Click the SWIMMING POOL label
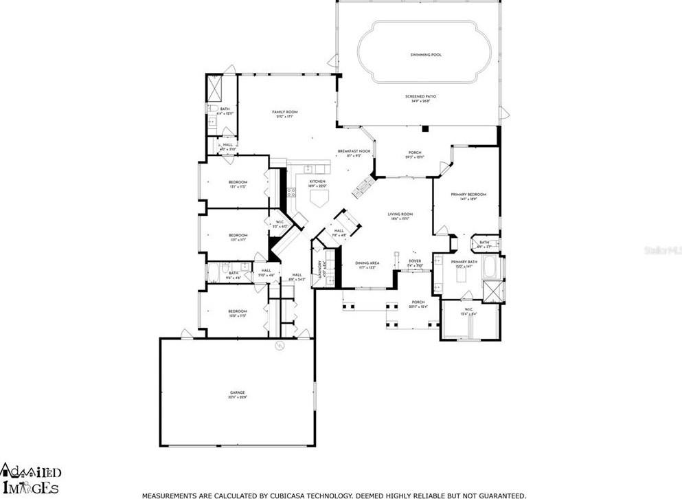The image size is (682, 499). tap(425, 54)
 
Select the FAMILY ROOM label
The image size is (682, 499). tap(284, 112)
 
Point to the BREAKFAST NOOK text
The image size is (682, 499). tap(354, 151)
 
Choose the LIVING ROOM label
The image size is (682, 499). tap(400, 214)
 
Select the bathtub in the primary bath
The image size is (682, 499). tap(492, 267)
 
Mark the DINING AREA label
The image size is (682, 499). tap(367, 263)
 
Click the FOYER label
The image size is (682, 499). tap(415, 261)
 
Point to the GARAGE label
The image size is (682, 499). tap(238, 393)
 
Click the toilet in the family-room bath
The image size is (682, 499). tap(214, 109)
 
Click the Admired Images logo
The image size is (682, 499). tap(31, 478)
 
